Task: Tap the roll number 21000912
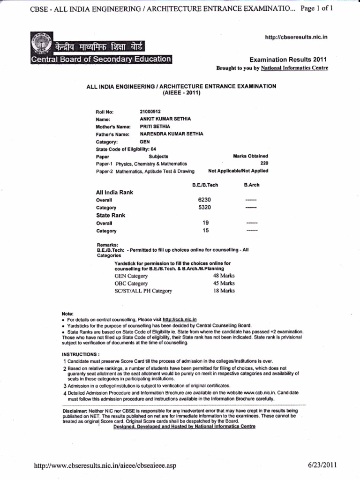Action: [151, 111]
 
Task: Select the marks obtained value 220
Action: [264, 163]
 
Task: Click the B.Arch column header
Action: [252, 185]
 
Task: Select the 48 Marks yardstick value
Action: [224, 276]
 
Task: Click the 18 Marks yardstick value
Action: [224, 291]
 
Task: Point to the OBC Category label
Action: [131, 284]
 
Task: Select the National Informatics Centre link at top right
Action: [294, 68]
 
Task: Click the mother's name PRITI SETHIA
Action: [155, 126]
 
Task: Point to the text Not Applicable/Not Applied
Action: [238, 171]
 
